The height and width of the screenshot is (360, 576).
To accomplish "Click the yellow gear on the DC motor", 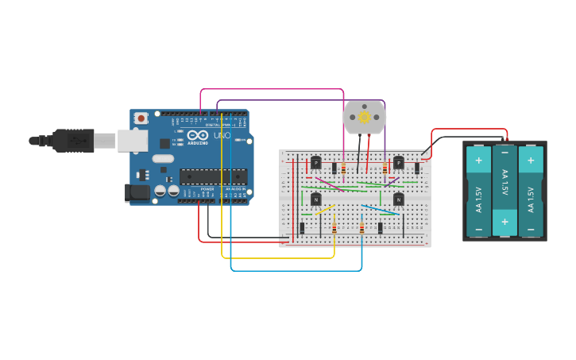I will tap(365, 118).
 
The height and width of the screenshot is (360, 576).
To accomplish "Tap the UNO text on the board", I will tap(222, 136).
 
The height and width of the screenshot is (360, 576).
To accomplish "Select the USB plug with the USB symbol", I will tap(73, 141).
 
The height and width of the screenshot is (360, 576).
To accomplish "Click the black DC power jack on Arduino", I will tap(137, 192).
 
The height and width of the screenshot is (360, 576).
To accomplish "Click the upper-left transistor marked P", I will tap(315, 163).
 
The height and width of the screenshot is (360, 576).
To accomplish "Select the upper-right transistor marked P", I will tap(399, 163).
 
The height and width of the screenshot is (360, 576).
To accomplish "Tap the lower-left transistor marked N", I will tap(315, 199).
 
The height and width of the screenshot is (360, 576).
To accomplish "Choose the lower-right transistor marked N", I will tap(399, 199).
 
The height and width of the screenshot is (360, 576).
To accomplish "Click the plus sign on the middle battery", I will tap(504, 218).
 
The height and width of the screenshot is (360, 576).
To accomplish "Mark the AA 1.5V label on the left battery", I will tap(478, 194).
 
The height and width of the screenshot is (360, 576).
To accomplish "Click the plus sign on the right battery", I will tap(531, 160).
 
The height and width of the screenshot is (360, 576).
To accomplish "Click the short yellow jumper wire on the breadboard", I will tap(324, 210).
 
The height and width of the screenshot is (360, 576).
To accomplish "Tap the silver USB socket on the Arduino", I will tap(132, 141).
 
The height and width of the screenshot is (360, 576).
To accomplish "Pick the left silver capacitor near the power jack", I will tap(160, 191).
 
